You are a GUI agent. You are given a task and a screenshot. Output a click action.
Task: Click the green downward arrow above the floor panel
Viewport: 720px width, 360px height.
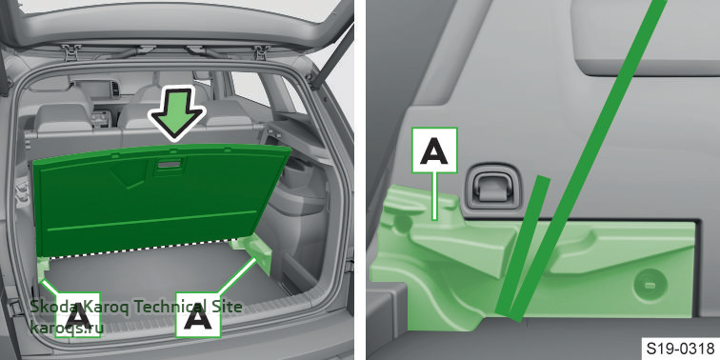tap(177, 111)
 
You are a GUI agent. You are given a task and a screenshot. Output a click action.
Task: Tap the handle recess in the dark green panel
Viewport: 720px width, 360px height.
tap(170, 166)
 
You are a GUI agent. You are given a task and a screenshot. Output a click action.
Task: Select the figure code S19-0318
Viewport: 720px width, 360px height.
tap(680, 347)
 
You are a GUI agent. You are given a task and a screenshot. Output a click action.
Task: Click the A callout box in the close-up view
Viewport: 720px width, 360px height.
tap(434, 150)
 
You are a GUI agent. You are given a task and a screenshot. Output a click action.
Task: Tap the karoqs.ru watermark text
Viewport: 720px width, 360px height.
tap(67, 328)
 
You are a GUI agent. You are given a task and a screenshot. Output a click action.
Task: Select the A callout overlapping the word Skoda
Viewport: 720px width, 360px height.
tap(77, 314)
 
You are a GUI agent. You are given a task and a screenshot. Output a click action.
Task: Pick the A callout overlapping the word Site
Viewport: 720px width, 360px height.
tap(198, 314)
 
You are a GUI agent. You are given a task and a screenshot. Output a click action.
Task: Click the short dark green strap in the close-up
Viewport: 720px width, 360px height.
tap(524, 248)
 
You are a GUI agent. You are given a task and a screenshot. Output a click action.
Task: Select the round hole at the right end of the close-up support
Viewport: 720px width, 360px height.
tap(650, 285)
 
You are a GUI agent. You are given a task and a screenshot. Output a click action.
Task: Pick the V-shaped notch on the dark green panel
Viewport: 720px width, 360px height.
tap(129, 180)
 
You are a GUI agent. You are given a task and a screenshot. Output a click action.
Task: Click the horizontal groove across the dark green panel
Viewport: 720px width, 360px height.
tap(151, 220)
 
